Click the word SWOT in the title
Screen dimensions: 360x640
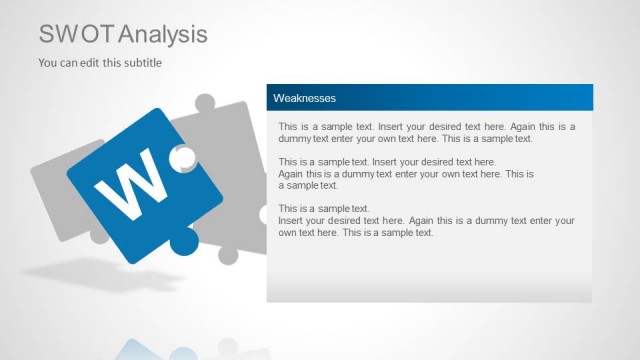click(76, 34)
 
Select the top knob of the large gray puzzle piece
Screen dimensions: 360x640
click(205, 103)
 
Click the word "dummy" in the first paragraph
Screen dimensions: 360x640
click(295, 139)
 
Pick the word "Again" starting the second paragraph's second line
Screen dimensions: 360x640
click(292, 173)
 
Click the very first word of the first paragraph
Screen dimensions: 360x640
click(288, 127)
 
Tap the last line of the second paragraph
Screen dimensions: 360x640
click(308, 185)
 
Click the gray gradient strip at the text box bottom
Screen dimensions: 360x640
click(429, 286)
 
